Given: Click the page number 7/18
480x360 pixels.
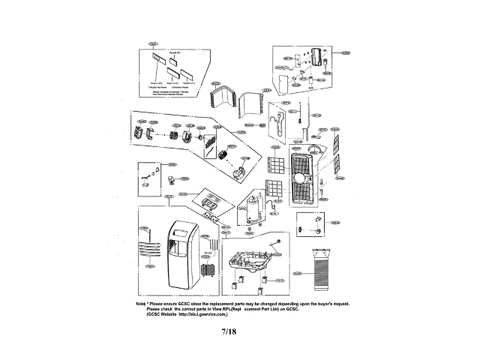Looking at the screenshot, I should pos(229,331).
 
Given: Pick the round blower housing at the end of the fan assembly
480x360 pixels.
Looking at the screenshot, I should pos(240,173).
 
